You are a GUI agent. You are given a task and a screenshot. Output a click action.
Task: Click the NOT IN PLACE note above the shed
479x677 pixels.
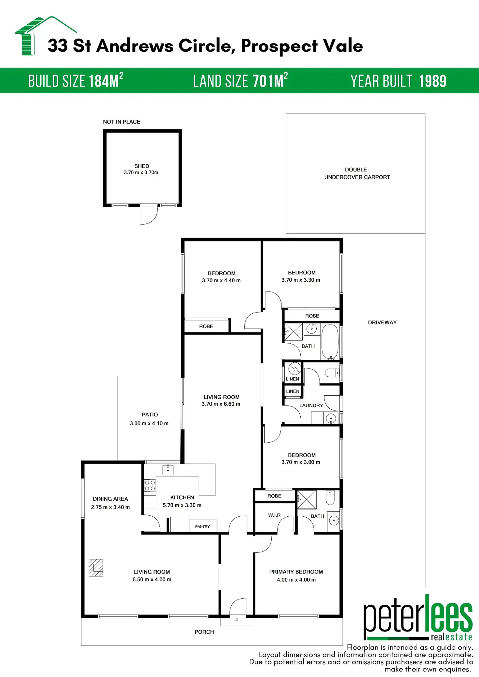121,122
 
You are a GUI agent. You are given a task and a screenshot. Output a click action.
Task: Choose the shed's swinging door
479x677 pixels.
149,215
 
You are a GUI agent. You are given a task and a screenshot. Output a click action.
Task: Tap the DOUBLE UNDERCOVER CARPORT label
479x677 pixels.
357,173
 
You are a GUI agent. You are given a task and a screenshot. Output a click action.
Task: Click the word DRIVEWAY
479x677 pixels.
382,323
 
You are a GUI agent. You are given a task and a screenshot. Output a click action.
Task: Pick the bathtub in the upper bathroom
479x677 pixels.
330,342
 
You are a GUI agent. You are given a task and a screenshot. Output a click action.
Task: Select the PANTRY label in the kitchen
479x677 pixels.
202,527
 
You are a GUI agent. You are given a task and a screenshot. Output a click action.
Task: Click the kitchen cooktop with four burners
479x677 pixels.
150,485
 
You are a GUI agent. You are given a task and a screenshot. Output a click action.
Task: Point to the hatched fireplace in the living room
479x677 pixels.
96,567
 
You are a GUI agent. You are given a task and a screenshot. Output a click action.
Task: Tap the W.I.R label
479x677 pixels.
274,515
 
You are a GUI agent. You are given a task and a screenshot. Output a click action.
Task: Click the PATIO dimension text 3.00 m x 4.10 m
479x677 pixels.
149,423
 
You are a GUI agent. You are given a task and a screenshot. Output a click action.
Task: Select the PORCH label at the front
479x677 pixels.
204,632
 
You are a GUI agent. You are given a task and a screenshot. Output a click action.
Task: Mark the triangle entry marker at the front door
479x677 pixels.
237,619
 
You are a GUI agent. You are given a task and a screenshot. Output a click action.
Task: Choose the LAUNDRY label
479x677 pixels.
311,405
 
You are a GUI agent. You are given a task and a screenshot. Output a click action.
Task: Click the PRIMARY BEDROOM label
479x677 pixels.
296,572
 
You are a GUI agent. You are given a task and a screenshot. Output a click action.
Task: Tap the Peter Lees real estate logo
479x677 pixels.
418,618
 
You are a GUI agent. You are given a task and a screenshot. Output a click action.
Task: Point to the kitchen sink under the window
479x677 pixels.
168,470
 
